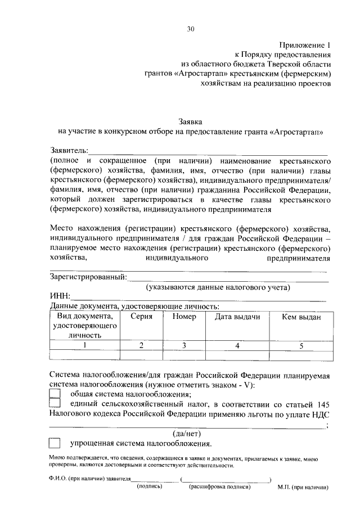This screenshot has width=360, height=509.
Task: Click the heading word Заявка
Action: point(190,121)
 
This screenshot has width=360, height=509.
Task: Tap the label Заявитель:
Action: point(69,151)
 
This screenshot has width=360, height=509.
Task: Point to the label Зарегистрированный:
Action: point(88,277)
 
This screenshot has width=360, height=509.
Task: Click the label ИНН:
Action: point(60,297)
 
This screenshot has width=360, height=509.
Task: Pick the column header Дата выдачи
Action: point(237,317)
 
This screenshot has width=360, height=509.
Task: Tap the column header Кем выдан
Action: point(301,317)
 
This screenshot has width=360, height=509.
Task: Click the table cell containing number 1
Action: point(84,345)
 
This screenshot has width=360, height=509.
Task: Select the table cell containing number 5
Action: point(301,345)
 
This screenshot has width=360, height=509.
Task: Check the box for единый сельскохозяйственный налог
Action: point(55,404)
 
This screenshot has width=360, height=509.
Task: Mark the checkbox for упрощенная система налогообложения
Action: point(55,443)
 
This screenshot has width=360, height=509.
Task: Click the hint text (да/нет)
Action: point(186,433)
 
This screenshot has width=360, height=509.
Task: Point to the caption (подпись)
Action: point(150,487)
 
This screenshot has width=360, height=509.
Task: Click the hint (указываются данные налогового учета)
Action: point(218,287)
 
